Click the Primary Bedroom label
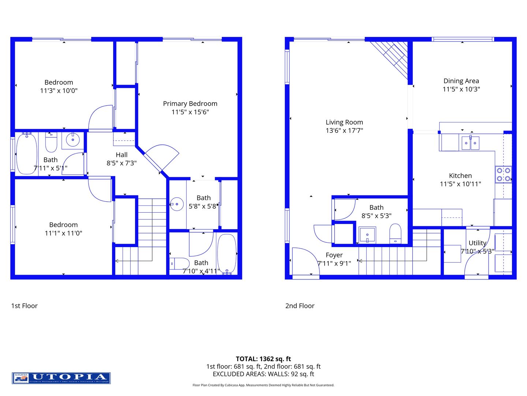(x=190, y=104)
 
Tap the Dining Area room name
(x=461, y=81)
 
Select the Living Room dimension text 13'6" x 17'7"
(x=344, y=131)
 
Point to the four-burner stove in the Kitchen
(x=503, y=175)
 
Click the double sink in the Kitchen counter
(x=470, y=143)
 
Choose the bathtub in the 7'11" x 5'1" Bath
(x=26, y=154)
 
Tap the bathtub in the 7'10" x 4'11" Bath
(x=227, y=254)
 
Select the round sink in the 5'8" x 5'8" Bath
(x=177, y=204)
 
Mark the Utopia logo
(x=61, y=378)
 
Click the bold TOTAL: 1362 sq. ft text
(x=263, y=359)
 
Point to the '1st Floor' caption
(x=24, y=306)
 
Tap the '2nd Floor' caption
(x=300, y=306)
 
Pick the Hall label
(x=122, y=155)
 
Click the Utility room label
(x=477, y=243)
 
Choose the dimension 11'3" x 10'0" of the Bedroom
(x=59, y=91)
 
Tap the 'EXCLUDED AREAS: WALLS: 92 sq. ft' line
(x=263, y=374)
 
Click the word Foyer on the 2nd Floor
(x=334, y=255)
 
